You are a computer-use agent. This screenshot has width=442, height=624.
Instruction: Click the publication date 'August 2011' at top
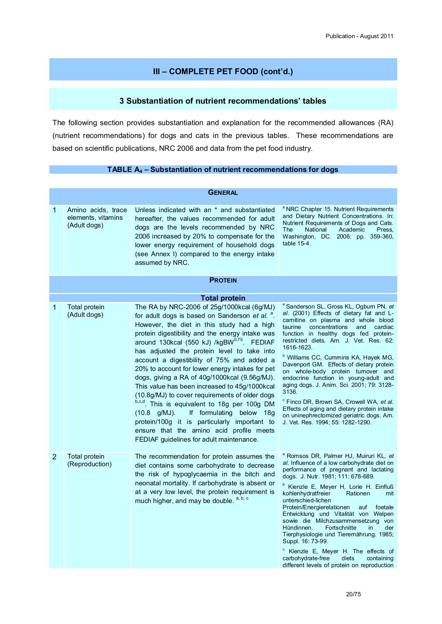click(x=376, y=36)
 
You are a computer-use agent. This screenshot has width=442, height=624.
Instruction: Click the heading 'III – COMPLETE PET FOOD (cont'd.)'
click(x=223, y=71)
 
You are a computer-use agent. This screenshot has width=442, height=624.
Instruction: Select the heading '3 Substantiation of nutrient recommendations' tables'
click(x=223, y=101)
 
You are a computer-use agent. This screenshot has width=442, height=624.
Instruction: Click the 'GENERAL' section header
click(x=223, y=193)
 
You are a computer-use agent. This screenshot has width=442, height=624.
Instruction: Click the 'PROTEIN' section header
click(x=223, y=280)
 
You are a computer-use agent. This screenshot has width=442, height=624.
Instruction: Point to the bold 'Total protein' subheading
click(x=223, y=298)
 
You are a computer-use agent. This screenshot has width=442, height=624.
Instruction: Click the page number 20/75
click(x=353, y=594)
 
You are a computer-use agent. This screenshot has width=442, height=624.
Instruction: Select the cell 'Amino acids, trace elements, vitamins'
click(x=97, y=217)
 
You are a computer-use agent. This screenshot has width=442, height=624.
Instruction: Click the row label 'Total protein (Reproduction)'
click(x=89, y=460)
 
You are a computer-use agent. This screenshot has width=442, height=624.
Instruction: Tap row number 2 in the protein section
click(x=55, y=457)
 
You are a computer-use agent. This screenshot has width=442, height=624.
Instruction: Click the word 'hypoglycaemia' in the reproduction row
click(x=194, y=474)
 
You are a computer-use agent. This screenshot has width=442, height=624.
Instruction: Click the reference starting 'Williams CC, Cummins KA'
click(x=338, y=374)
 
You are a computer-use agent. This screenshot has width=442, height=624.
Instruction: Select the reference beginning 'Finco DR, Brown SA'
click(x=338, y=412)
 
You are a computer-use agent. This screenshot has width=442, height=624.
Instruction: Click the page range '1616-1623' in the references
click(x=297, y=347)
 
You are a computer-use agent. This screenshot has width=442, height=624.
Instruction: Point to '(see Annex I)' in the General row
click(x=156, y=254)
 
